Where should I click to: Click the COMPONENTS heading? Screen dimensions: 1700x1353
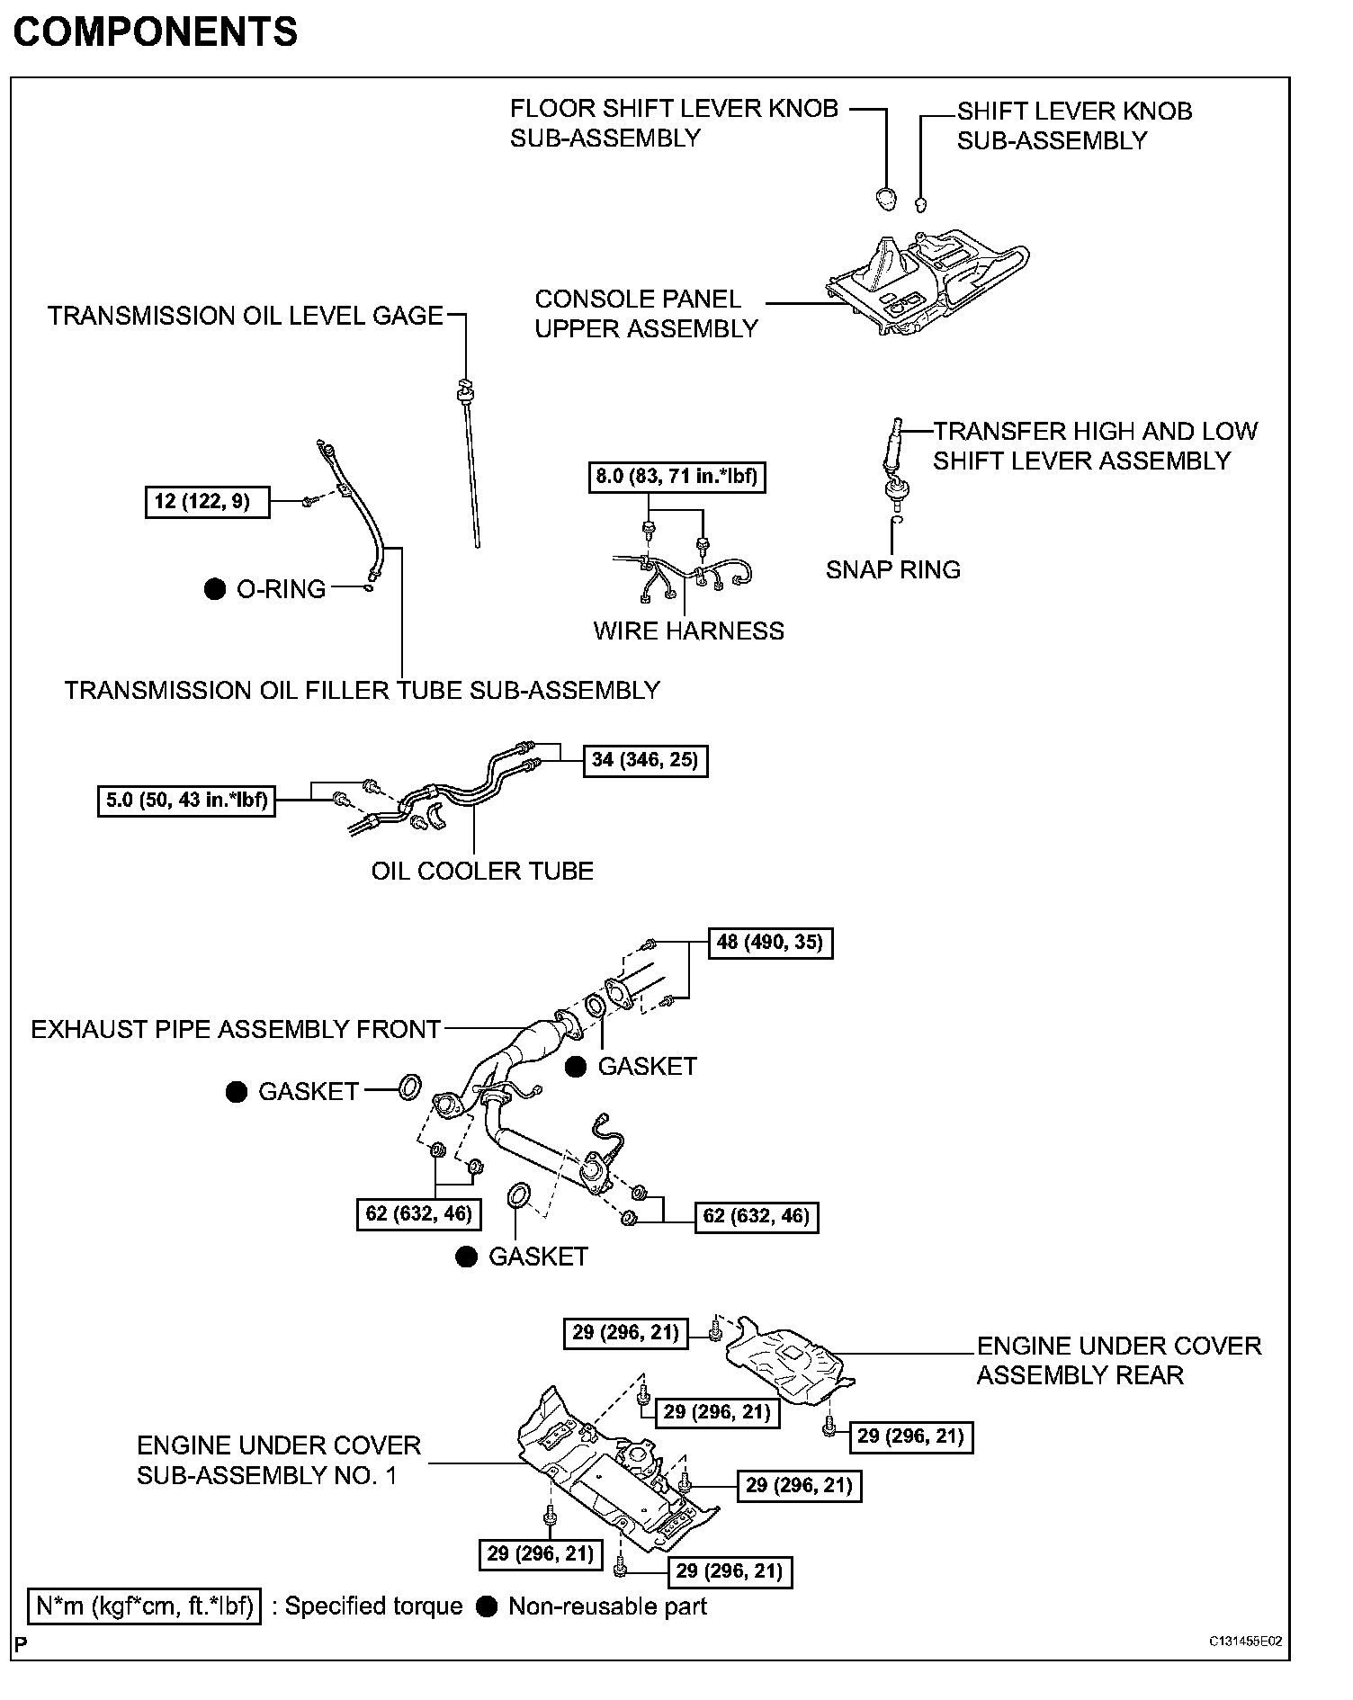(x=155, y=32)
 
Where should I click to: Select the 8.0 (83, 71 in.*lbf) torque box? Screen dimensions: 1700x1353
(x=677, y=477)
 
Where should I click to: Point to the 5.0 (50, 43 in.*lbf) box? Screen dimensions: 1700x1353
(x=186, y=800)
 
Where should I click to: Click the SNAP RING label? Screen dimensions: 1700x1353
(x=892, y=570)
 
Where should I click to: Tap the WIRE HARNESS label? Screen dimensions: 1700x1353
(x=688, y=631)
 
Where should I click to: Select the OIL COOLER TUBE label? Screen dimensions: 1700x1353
(x=482, y=872)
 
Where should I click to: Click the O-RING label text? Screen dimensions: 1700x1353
(x=281, y=590)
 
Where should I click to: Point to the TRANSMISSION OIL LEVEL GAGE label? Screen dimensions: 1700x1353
(x=246, y=316)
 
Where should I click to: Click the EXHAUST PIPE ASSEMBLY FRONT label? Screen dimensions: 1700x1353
(x=236, y=1030)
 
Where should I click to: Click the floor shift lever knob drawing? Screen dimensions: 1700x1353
(x=887, y=198)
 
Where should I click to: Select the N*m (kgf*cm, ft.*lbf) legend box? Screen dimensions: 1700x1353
(x=145, y=1606)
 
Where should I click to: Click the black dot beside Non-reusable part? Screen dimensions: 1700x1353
(x=487, y=1607)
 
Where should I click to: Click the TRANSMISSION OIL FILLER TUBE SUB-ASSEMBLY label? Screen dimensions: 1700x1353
(x=362, y=691)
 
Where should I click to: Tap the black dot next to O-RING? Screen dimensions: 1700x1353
(x=214, y=590)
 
